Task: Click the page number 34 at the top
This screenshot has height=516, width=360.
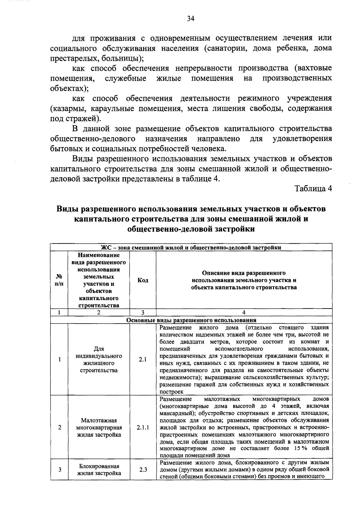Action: click(x=191, y=19)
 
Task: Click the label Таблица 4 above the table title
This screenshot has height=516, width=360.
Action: click(x=313, y=189)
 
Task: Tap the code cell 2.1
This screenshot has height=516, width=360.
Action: click(x=143, y=359)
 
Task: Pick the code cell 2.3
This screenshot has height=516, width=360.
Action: click(x=143, y=470)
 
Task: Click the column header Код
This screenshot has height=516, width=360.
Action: click(x=143, y=280)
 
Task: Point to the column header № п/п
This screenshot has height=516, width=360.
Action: click(x=59, y=280)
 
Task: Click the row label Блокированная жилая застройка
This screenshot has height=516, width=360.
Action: click(x=99, y=470)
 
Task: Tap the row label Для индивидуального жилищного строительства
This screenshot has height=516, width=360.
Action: click(x=99, y=359)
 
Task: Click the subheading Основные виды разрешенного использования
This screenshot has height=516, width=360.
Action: click(x=191, y=320)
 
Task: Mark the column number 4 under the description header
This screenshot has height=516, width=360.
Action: click(x=244, y=312)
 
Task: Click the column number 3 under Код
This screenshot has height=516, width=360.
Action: click(x=143, y=312)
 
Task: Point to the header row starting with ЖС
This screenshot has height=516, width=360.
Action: click(x=191, y=248)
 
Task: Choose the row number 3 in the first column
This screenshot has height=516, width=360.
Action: click(x=60, y=470)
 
